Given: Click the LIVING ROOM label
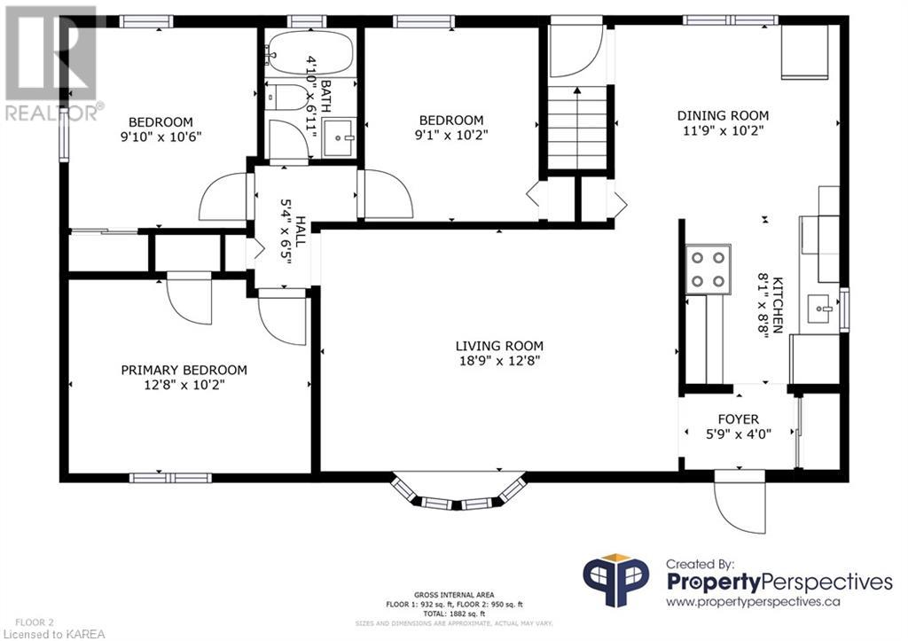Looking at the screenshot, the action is coord(499,347).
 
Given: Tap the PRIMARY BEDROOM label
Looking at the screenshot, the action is coord(184,370).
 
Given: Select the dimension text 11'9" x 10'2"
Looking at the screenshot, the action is coord(724,131).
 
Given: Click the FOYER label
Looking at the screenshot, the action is coord(739,419).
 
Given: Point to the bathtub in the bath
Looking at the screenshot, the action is coord(305,52).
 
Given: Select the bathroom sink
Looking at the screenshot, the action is coord(339,137).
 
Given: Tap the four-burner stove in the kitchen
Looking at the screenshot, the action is coord(708,270).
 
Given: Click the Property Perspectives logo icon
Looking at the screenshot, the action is coord(615,580).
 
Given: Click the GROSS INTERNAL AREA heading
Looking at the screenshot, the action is coord(454,595).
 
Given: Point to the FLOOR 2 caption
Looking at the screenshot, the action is coord(35,622).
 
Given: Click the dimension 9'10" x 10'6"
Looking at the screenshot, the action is coord(160,137).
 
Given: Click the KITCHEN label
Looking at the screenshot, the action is coord(777,305).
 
